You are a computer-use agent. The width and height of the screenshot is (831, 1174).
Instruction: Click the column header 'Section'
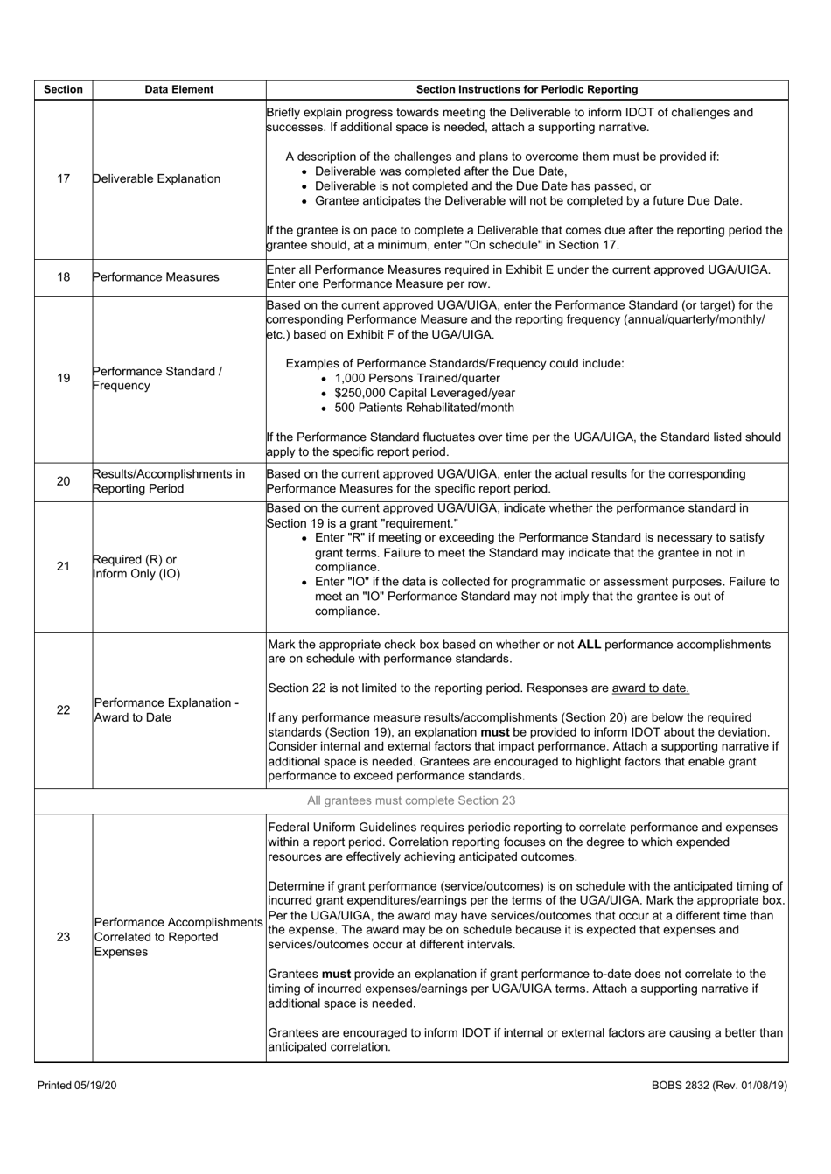[x=63, y=89]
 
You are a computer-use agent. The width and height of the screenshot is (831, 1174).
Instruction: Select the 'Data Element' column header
[x=178, y=89]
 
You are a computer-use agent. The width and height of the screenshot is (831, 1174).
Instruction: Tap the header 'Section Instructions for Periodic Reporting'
[x=527, y=89]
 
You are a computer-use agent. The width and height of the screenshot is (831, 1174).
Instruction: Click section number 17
[x=63, y=178]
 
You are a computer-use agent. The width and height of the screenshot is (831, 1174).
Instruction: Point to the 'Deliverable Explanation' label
[x=157, y=178]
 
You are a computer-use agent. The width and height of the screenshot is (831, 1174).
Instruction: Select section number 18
[x=63, y=277]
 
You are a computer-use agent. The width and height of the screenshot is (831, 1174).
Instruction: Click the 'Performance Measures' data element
[x=156, y=277]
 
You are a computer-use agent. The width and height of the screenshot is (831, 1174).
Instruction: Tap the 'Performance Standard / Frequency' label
[x=157, y=378]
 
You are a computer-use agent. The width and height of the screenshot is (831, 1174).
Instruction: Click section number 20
[x=63, y=481]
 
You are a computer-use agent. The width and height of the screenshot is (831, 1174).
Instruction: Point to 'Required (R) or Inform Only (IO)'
[x=136, y=566]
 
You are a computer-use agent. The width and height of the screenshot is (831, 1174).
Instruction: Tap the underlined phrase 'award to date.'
[x=650, y=688]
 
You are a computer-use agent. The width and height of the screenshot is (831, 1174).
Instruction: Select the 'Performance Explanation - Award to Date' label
[x=165, y=709]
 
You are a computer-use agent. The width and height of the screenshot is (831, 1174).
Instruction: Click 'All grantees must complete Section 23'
[x=411, y=800]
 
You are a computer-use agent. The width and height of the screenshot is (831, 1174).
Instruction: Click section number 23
[x=63, y=937]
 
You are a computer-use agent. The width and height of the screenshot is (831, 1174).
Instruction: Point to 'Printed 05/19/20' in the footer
[x=77, y=1085]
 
